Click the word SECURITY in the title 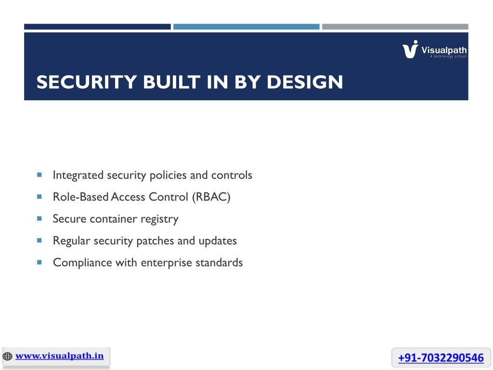pyautogui.click(x=87, y=82)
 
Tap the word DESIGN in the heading pyautogui.click(x=305, y=82)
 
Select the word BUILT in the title pyautogui.click(x=172, y=82)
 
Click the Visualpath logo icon pyautogui.click(x=410, y=50)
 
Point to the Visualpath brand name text pyautogui.click(x=444, y=50)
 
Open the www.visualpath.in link pyautogui.click(x=59, y=356)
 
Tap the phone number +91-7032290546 pyautogui.click(x=441, y=358)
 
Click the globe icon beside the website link pyautogui.click(x=8, y=357)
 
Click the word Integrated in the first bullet pyautogui.click(x=78, y=175)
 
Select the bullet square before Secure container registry pyautogui.click(x=39, y=218)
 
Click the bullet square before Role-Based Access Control pyautogui.click(x=39, y=197)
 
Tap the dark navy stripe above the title pyautogui.click(x=97, y=27)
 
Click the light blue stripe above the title pyautogui.click(x=246, y=27)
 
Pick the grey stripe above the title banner pyautogui.click(x=395, y=27)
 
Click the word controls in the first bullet pyautogui.click(x=232, y=175)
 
